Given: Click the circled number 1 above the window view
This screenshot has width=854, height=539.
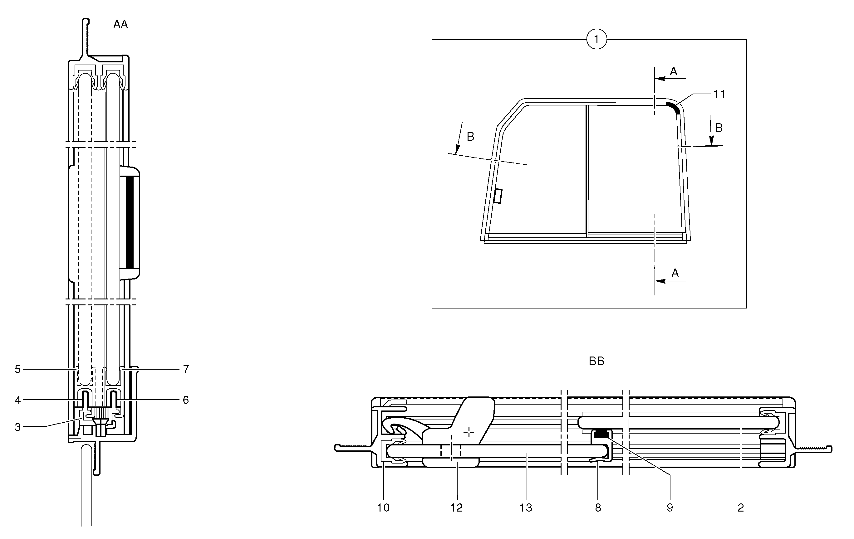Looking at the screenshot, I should pyautogui.click(x=596, y=39).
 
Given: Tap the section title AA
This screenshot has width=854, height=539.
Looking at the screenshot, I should pyautogui.click(x=120, y=24).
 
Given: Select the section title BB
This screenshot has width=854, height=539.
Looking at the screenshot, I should pyautogui.click(x=596, y=361).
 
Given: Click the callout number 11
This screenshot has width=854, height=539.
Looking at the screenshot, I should pyautogui.click(x=719, y=94).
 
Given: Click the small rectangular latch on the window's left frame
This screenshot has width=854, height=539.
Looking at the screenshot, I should pyautogui.click(x=498, y=196).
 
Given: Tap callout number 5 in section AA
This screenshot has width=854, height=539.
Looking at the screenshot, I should pyautogui.click(x=18, y=369).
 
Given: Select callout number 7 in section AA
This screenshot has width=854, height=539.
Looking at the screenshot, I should pyautogui.click(x=186, y=369).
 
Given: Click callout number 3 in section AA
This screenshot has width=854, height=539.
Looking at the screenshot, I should pyautogui.click(x=18, y=427).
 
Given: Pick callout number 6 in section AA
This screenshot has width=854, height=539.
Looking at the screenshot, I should pyautogui.click(x=186, y=400).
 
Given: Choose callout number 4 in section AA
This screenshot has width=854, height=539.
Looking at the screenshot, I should pyautogui.click(x=18, y=400).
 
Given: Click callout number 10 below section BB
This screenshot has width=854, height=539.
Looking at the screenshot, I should pyautogui.click(x=383, y=508).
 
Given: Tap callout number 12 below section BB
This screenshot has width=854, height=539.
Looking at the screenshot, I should pyautogui.click(x=456, y=508).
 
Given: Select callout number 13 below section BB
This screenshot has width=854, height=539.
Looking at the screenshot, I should pyautogui.click(x=526, y=508).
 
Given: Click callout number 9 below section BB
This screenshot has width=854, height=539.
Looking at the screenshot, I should pyautogui.click(x=670, y=508).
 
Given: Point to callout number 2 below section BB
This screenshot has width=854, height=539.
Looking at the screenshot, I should pyautogui.click(x=740, y=508).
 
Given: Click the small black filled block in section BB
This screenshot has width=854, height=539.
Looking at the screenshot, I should pyautogui.click(x=601, y=433).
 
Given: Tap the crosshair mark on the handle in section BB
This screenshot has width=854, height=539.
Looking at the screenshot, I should pyautogui.click(x=469, y=432).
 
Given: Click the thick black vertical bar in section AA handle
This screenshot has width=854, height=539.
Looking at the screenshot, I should pyautogui.click(x=130, y=221).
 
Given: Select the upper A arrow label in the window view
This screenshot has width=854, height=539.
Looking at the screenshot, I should pyautogui.click(x=674, y=71).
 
